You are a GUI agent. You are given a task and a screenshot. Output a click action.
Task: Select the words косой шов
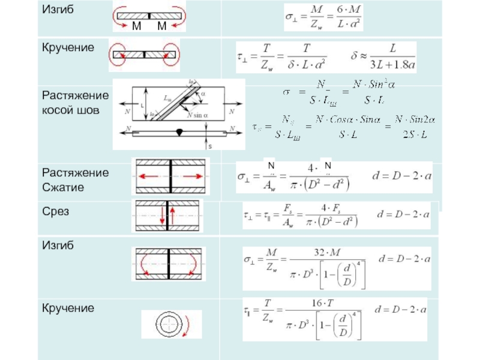pyautogui.click(x=67, y=110)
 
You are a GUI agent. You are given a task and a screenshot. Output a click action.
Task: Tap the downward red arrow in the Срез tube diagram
pyautogui.click(x=162, y=217)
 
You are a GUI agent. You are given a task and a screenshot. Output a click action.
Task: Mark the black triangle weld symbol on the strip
pyautogui.click(x=181, y=132)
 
